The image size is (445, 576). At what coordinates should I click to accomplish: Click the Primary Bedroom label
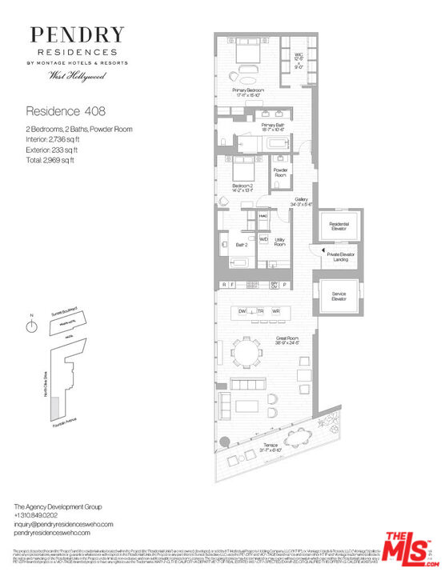pos(249,90)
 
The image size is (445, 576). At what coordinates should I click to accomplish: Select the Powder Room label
pos(280,172)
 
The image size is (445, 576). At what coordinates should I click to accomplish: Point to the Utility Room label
pos(279,242)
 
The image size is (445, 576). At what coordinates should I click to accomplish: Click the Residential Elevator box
pos(338,228)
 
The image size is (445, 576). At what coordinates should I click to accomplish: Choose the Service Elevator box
pos(338,297)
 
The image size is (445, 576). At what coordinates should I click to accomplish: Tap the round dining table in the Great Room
pos(250,352)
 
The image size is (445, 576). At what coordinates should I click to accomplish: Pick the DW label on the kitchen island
pos(242,310)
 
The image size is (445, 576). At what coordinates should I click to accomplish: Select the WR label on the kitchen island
pos(276,310)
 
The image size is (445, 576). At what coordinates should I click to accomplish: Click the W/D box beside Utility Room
pos(263,239)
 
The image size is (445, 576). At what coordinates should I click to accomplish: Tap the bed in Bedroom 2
pos(243,170)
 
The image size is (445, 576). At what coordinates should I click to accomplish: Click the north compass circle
pos(32,327)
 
